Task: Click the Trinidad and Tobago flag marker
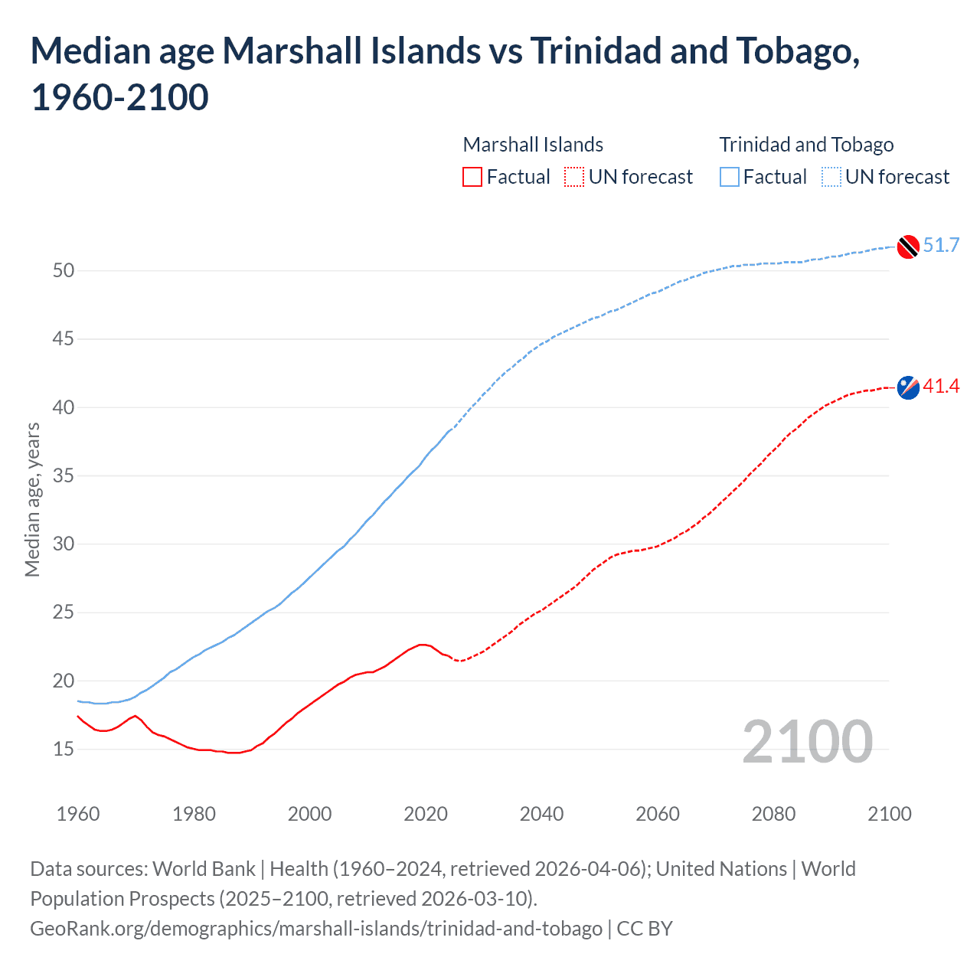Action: (908, 247)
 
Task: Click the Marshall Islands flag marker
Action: (908, 387)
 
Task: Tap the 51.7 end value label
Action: (941, 245)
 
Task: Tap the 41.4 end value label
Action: (941, 386)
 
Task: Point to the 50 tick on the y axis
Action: (64, 270)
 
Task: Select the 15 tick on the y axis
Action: (64, 749)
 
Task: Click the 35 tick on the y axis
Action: (64, 475)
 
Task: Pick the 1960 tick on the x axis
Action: (78, 814)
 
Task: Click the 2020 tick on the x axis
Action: (426, 814)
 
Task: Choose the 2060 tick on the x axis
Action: (658, 814)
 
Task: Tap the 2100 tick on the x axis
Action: (889, 814)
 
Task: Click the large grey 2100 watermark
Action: (807, 742)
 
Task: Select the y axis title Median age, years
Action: (32, 499)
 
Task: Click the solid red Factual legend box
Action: (472, 177)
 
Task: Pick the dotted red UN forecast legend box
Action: (574, 177)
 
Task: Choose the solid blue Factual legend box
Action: (730, 177)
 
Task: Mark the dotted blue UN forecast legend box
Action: (831, 177)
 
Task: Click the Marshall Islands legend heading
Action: (533, 145)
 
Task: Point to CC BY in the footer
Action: (645, 928)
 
